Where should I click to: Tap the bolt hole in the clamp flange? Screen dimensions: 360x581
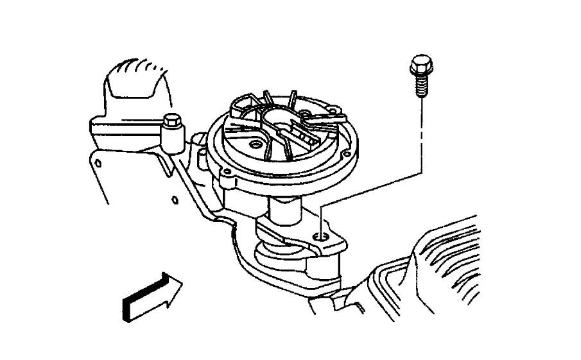pos(322,237)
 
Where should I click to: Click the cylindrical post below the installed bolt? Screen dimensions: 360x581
pos(172,137)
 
